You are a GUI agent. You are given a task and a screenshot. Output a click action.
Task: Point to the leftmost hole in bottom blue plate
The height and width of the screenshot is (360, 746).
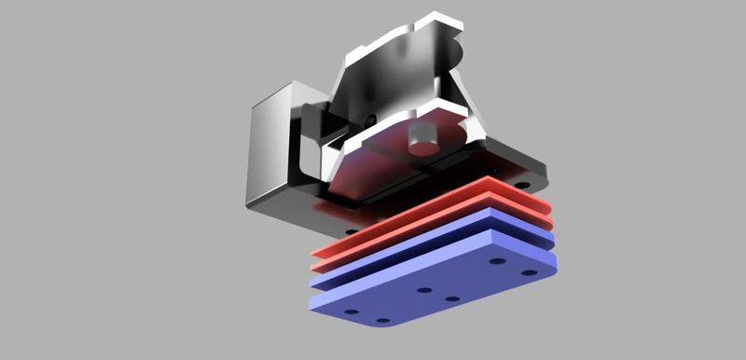(352, 312)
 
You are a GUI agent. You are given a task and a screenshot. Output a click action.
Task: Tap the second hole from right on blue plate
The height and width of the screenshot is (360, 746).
(497, 261)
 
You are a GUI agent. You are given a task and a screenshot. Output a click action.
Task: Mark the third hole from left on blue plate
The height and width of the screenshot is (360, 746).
(424, 290)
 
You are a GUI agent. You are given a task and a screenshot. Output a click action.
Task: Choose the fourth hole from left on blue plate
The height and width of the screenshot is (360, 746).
(452, 299)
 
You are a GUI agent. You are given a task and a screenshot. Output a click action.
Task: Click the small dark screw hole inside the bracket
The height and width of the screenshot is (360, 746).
(372, 119)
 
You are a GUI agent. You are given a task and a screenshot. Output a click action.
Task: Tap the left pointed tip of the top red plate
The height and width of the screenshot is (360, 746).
(316, 254)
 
